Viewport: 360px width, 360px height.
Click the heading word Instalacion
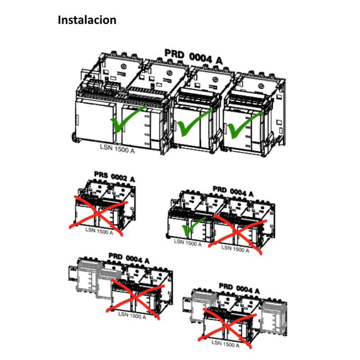coord(87,20)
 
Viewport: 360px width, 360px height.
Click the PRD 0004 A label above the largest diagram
coord(193,57)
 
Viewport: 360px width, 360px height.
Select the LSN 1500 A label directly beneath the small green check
coord(188,243)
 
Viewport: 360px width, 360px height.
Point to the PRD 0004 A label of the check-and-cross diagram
coord(233,192)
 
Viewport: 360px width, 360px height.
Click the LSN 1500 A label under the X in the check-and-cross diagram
coord(235,250)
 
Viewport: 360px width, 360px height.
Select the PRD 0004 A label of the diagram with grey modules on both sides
coord(239,287)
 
